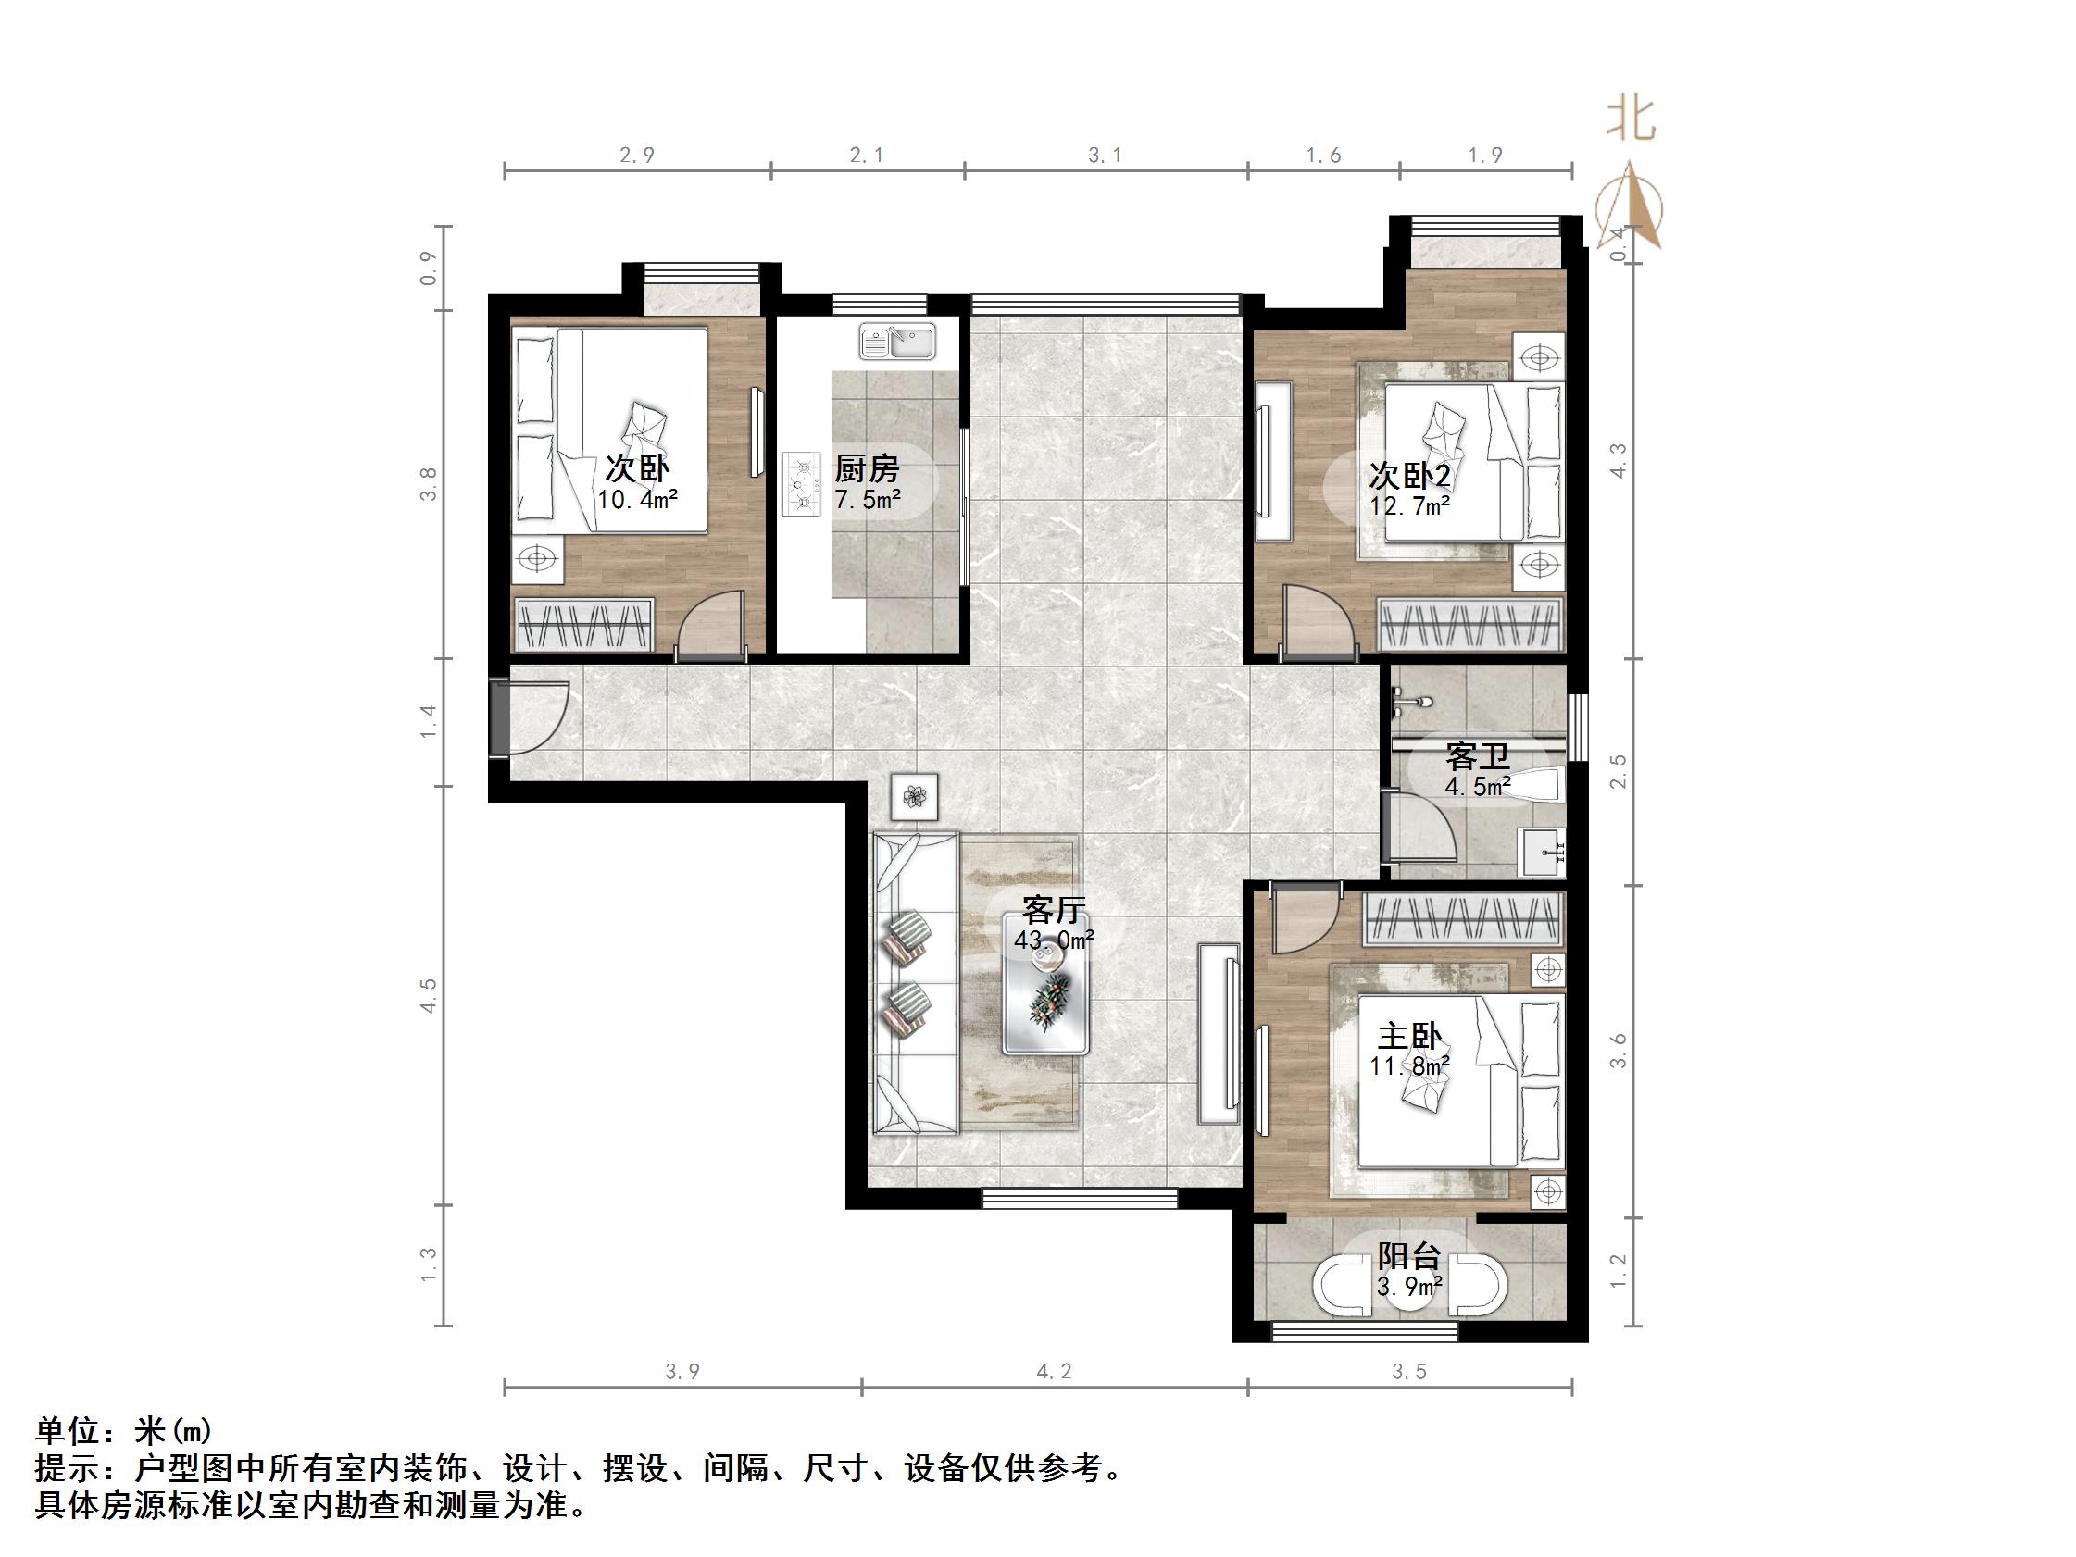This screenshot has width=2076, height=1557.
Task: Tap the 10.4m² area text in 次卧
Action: (637, 499)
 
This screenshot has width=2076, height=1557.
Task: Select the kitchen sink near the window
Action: (896, 342)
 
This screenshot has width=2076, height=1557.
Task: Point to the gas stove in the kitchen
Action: (801, 483)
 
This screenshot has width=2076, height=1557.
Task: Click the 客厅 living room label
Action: (1054, 909)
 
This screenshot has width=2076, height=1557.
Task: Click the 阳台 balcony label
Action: (1408, 1256)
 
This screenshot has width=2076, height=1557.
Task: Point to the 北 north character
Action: (1632, 119)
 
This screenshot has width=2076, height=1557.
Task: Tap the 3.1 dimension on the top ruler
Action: (1105, 155)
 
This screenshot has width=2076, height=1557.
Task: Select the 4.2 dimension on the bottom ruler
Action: (1053, 1372)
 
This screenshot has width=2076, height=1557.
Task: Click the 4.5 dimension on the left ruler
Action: (429, 995)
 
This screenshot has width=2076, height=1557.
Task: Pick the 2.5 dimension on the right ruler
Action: (1619, 771)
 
